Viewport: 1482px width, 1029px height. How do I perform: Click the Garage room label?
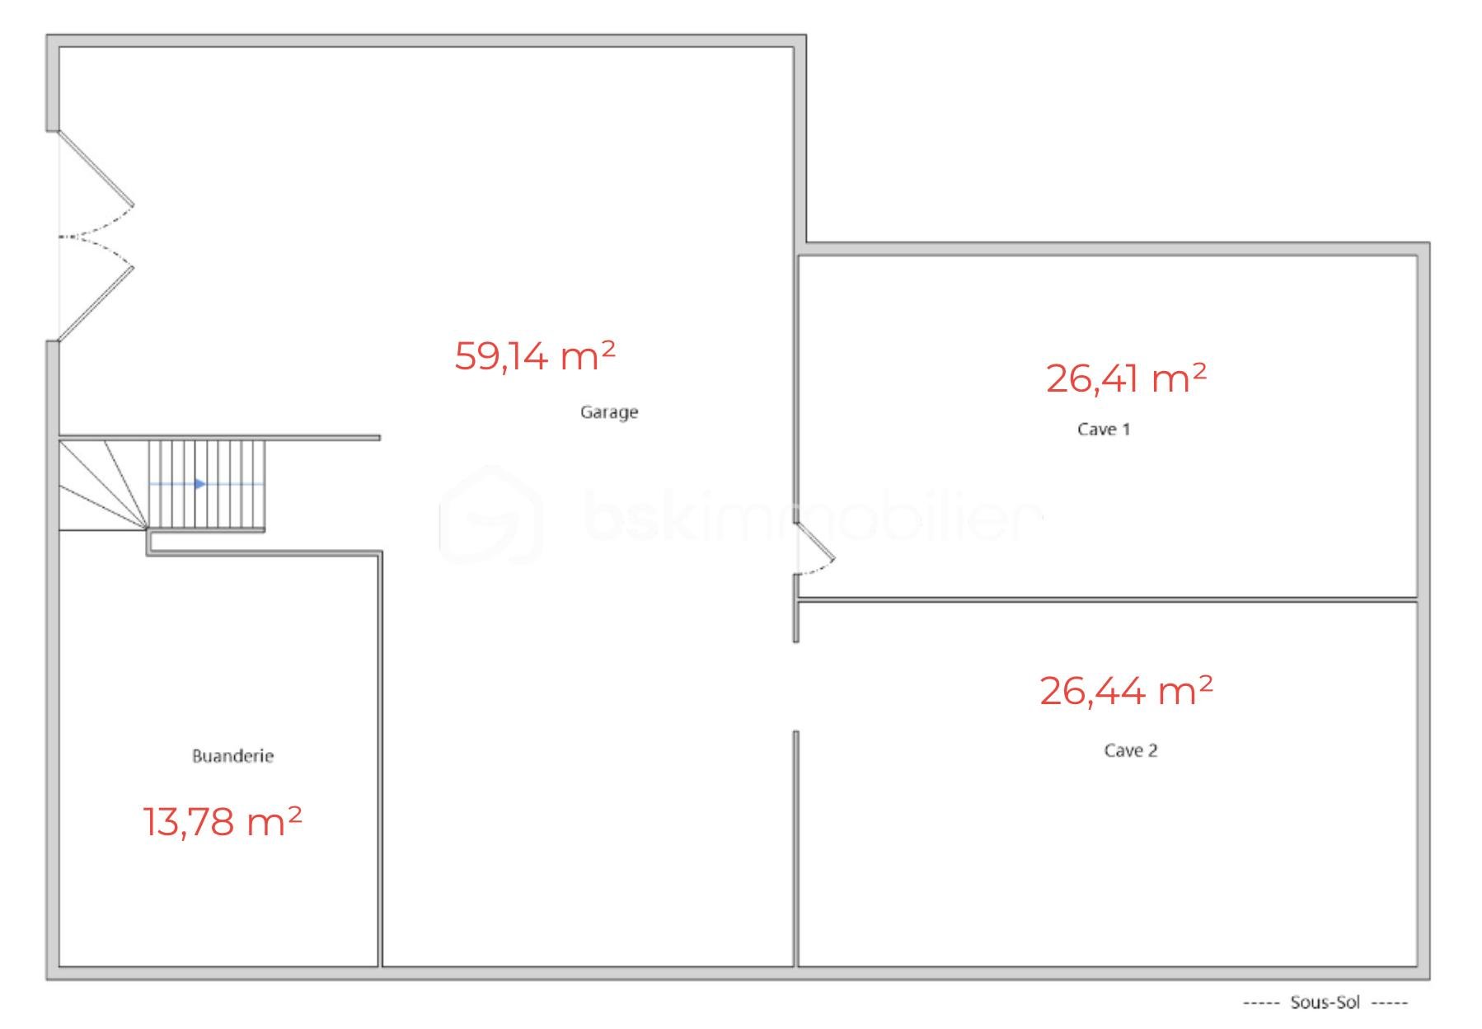click(609, 412)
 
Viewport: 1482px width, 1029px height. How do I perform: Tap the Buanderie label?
click(232, 756)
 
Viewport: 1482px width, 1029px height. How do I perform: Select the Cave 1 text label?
click(1104, 430)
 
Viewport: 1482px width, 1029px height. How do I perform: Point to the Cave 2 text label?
click(1130, 751)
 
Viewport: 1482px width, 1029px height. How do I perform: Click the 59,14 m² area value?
click(534, 356)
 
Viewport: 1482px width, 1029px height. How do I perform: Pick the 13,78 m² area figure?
click(223, 822)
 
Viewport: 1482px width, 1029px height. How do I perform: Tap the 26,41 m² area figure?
click(1126, 378)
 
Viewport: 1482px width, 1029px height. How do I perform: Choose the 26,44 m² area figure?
click(1126, 691)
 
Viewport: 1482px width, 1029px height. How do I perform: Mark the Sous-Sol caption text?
click(1325, 1003)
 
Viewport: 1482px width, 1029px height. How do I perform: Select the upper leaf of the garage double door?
click(96, 168)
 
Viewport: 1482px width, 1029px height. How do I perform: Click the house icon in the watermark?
click(490, 515)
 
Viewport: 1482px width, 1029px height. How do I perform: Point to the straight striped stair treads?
click(207, 484)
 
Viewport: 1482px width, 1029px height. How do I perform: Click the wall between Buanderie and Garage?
click(381, 759)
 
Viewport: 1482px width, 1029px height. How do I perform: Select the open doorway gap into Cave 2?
click(795, 686)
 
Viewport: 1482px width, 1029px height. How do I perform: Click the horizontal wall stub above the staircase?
click(219, 437)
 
